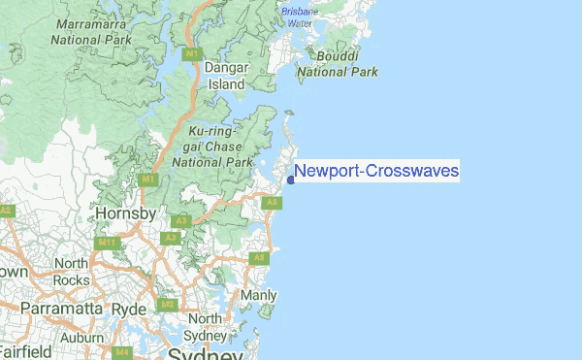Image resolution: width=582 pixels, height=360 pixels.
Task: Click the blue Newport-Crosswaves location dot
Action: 291,180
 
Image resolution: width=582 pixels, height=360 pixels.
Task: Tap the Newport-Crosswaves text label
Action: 376,172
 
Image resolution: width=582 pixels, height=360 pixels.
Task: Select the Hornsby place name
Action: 125,213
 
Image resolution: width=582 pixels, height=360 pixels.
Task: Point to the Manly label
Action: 258,295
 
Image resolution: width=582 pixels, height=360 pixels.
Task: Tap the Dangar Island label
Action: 227,77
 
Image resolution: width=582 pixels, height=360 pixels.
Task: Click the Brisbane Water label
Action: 299,16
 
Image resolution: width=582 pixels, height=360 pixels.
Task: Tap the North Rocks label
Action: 71,271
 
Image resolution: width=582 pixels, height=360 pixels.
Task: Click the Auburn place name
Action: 81,338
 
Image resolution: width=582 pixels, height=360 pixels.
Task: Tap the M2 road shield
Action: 166,305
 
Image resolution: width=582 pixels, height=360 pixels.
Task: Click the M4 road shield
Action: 122,353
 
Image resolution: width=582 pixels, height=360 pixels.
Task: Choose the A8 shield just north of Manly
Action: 258,258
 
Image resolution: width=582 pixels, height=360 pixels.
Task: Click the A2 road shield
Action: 6,210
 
